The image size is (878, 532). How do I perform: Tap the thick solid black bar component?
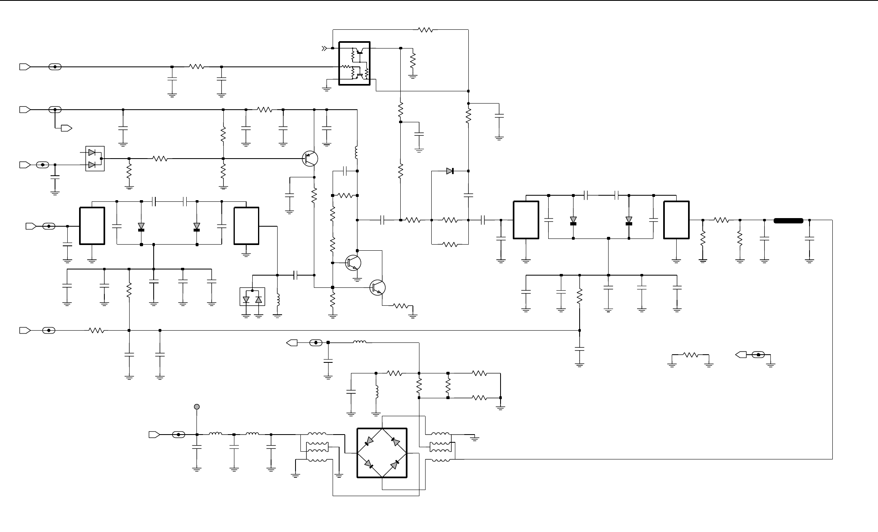pyautogui.click(x=788, y=221)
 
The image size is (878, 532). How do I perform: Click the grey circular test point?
pyautogui.click(x=197, y=406)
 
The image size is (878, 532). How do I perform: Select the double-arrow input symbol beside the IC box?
pyautogui.click(x=324, y=49)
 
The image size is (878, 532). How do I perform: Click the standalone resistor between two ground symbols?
pyautogui.click(x=691, y=355)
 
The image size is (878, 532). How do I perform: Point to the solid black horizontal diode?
pyautogui.click(x=450, y=171)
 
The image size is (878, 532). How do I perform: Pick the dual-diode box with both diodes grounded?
pyautogui.click(x=252, y=297)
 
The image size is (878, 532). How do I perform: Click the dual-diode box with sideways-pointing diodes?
pyautogui.click(x=95, y=159)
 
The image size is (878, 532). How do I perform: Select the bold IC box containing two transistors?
pyautogui.click(x=355, y=63)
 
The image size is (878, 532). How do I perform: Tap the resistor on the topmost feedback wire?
pyautogui.click(x=426, y=30)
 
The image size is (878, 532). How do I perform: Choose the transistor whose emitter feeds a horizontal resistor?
pyautogui.click(x=377, y=287)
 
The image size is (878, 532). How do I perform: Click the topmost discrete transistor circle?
pyautogui.click(x=310, y=158)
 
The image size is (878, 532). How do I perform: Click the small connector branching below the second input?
pyautogui.click(x=66, y=128)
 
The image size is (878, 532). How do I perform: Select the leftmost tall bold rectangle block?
pyautogui.click(x=92, y=226)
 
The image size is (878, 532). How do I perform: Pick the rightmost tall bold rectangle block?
pyautogui.click(x=676, y=220)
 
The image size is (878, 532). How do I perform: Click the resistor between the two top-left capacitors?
pyautogui.click(x=196, y=67)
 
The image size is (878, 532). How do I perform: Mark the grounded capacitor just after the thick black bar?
pyautogui.click(x=810, y=241)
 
